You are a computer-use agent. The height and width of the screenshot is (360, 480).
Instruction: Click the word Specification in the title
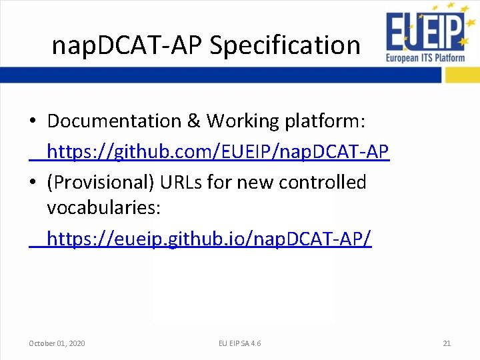(x=285, y=45)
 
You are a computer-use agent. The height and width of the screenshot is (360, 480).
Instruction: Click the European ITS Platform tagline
(x=425, y=58)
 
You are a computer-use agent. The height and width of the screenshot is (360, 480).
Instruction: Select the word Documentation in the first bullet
(x=114, y=121)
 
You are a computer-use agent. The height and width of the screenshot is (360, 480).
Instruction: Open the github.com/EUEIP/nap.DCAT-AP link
(x=217, y=152)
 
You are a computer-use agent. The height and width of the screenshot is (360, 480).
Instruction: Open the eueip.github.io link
(x=209, y=238)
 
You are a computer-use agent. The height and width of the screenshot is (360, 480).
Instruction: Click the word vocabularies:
(x=103, y=208)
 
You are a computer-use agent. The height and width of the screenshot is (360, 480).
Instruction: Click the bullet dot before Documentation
(x=33, y=122)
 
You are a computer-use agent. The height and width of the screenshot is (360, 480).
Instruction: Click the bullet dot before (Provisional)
(x=33, y=183)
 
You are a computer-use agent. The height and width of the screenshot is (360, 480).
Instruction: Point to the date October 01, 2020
(x=57, y=343)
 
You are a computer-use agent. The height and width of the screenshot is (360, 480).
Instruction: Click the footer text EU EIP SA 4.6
(x=239, y=343)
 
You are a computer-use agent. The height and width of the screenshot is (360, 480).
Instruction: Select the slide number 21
(x=447, y=343)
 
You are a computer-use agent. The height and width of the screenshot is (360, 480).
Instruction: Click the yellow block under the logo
(x=461, y=75)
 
